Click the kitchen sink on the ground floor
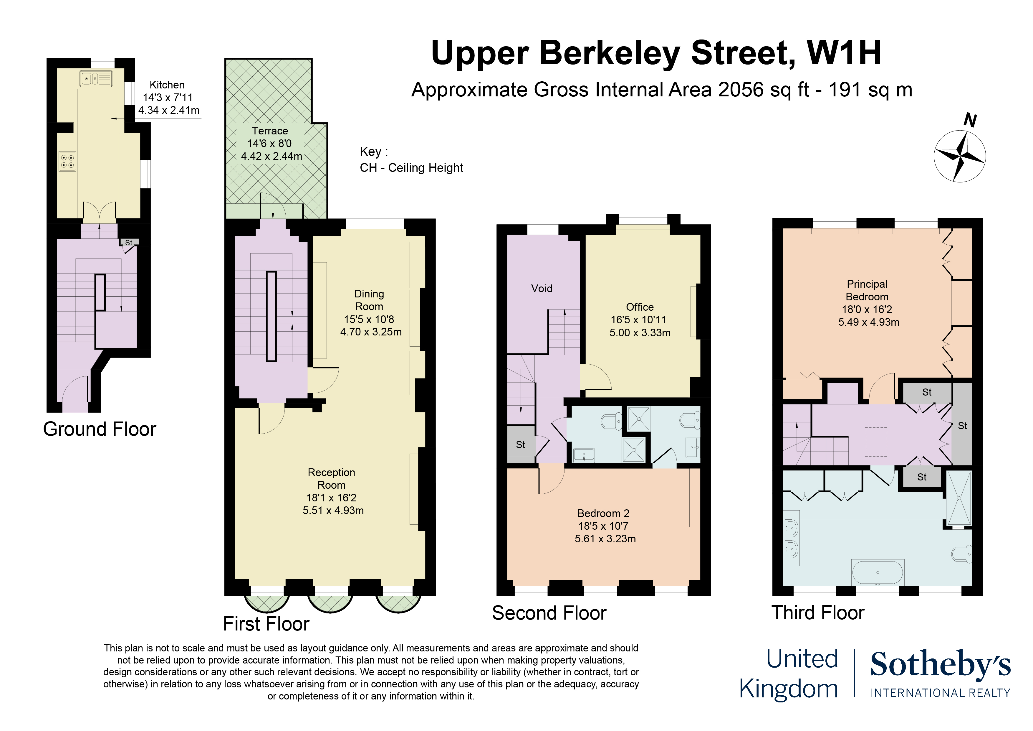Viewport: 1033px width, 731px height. tap(96, 79)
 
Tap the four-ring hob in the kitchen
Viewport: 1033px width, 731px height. tap(67, 161)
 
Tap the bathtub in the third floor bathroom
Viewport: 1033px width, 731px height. tap(877, 572)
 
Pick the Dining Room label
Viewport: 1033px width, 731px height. tap(369, 300)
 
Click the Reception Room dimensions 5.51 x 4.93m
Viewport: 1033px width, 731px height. tap(333, 510)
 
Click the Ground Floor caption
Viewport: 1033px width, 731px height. tap(100, 429)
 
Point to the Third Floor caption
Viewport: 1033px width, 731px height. tap(817, 613)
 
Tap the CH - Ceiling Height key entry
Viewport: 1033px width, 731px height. tap(411, 167)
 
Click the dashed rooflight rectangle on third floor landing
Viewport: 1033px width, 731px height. tap(875, 441)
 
